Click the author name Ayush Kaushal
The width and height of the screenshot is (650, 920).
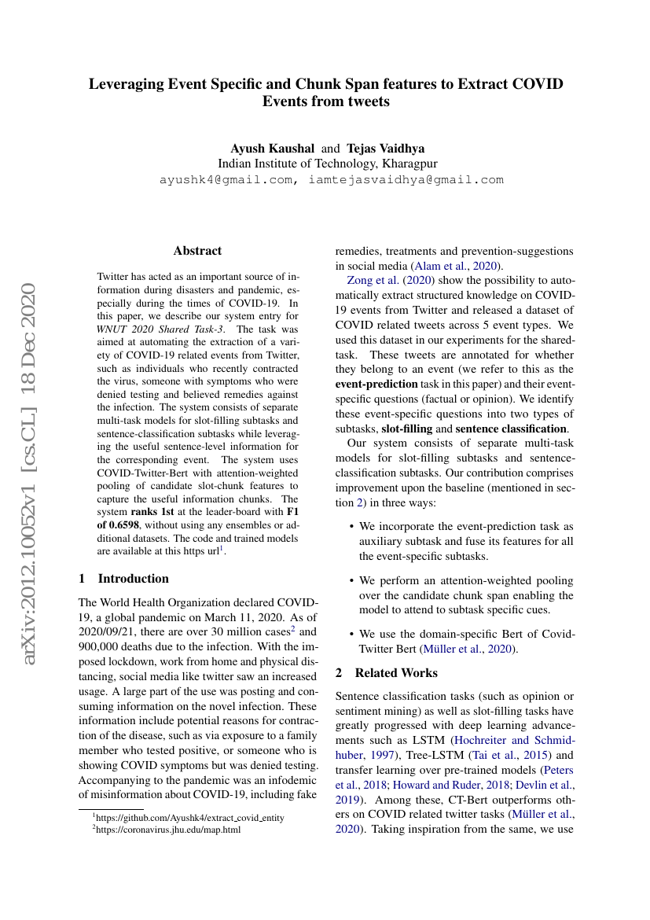272,148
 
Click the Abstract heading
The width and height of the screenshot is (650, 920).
197,251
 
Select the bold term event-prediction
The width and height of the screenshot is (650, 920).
376,385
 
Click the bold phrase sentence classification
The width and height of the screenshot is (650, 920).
511,429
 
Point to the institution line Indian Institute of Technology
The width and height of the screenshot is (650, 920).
327,164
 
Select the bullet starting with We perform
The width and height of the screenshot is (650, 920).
465,595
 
